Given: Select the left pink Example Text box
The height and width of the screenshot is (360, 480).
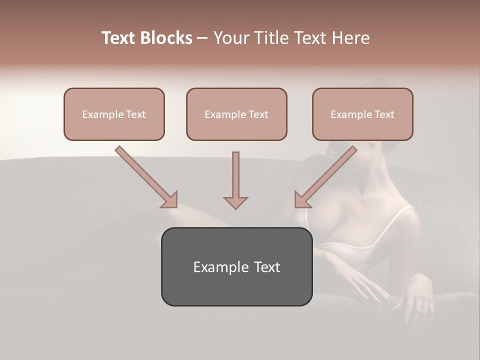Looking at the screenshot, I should pyautogui.click(x=114, y=114).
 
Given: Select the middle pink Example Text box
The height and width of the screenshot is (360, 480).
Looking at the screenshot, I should pyautogui.click(x=236, y=114).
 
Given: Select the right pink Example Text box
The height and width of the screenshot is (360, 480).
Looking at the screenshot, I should pyautogui.click(x=362, y=114).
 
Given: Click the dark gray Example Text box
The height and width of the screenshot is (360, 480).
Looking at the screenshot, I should pyautogui.click(x=236, y=266).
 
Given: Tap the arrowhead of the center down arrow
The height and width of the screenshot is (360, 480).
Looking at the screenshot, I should pyautogui.click(x=235, y=202).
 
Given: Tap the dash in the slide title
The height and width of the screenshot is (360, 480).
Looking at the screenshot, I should pyautogui.click(x=202, y=38).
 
